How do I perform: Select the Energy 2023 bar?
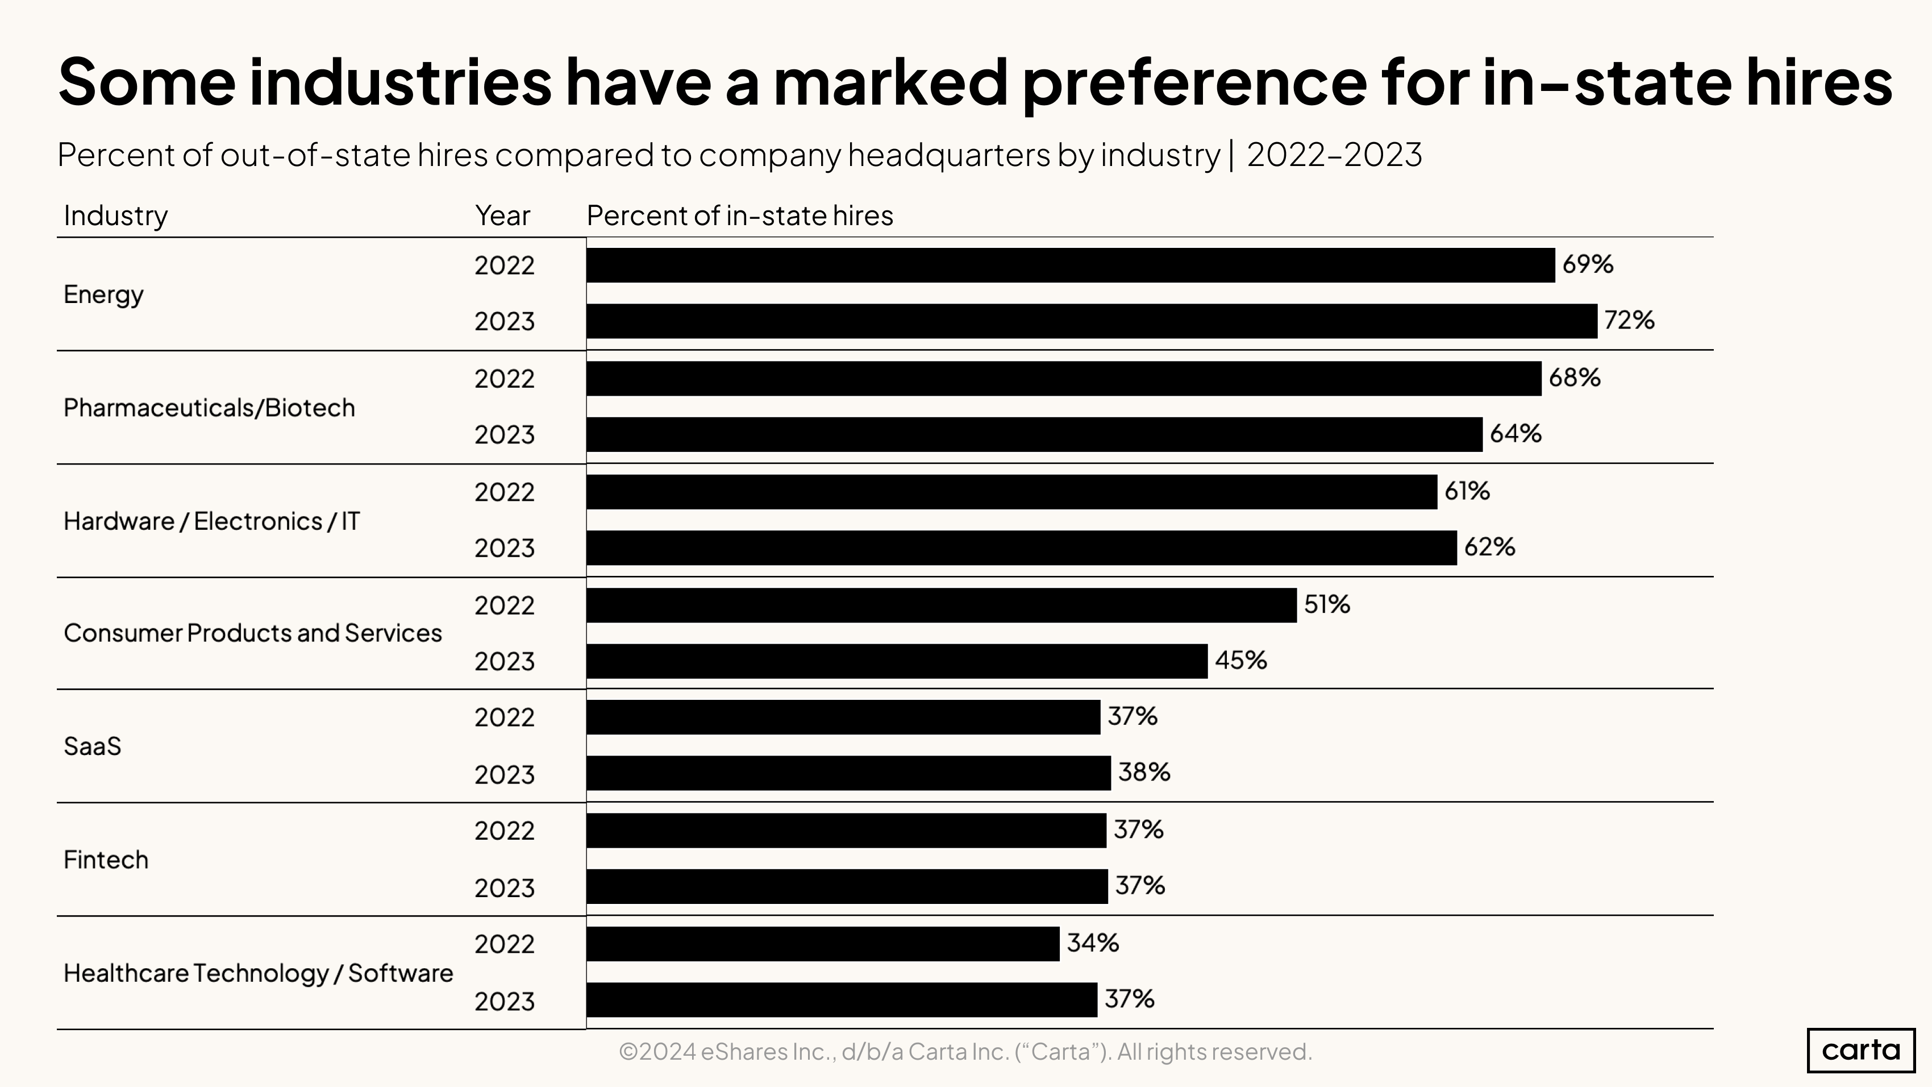pos(1091,321)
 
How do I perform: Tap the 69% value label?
pos(1587,264)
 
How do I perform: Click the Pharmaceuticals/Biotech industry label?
pos(209,408)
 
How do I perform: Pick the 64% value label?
pos(1515,434)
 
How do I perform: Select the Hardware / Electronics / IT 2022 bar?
pos(1011,492)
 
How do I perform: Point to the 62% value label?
pos(1489,547)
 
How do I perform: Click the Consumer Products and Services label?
pos(253,633)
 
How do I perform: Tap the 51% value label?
pos(1326,604)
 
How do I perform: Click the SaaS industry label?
pos(92,746)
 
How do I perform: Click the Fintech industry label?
pos(106,860)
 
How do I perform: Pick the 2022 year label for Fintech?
pos(504,831)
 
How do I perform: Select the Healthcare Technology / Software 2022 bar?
pos(823,944)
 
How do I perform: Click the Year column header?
pos(502,216)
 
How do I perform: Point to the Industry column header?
pos(115,216)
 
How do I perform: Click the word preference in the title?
pos(1195,82)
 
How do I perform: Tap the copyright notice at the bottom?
pos(965,1052)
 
